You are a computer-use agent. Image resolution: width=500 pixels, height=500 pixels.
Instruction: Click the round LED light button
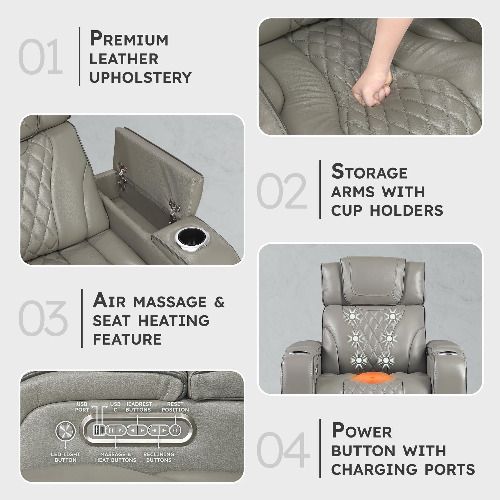[x=65, y=431]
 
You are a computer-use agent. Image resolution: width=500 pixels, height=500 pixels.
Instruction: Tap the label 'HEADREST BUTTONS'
[x=138, y=407]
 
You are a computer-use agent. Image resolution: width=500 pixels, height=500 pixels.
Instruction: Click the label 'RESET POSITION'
[x=175, y=407]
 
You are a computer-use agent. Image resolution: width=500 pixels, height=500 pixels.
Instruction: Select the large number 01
[x=41, y=57]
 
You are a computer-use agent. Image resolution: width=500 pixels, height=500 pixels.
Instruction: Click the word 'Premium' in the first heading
[x=129, y=38]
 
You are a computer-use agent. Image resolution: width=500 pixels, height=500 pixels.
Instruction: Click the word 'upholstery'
[x=140, y=78]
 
